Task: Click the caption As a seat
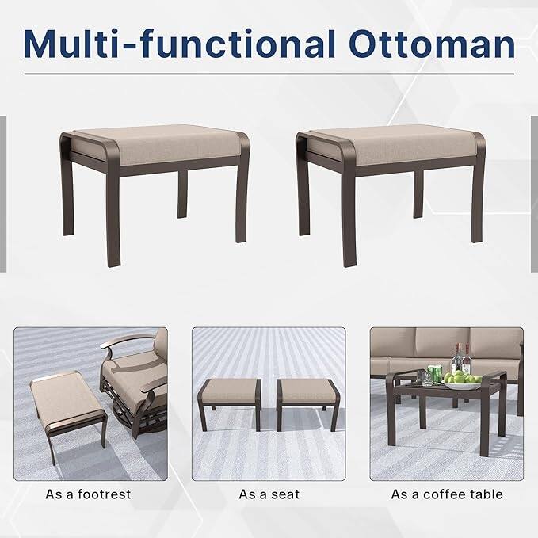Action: (x=269, y=494)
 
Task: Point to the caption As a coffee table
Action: (x=447, y=494)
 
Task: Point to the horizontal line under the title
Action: (x=269, y=74)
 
